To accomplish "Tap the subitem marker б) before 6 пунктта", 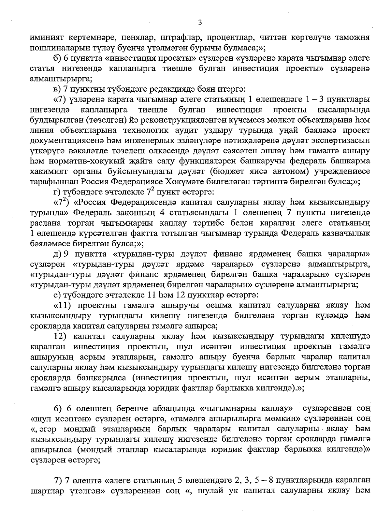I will click(x=57, y=58).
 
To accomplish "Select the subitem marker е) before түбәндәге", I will click(x=57, y=296).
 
